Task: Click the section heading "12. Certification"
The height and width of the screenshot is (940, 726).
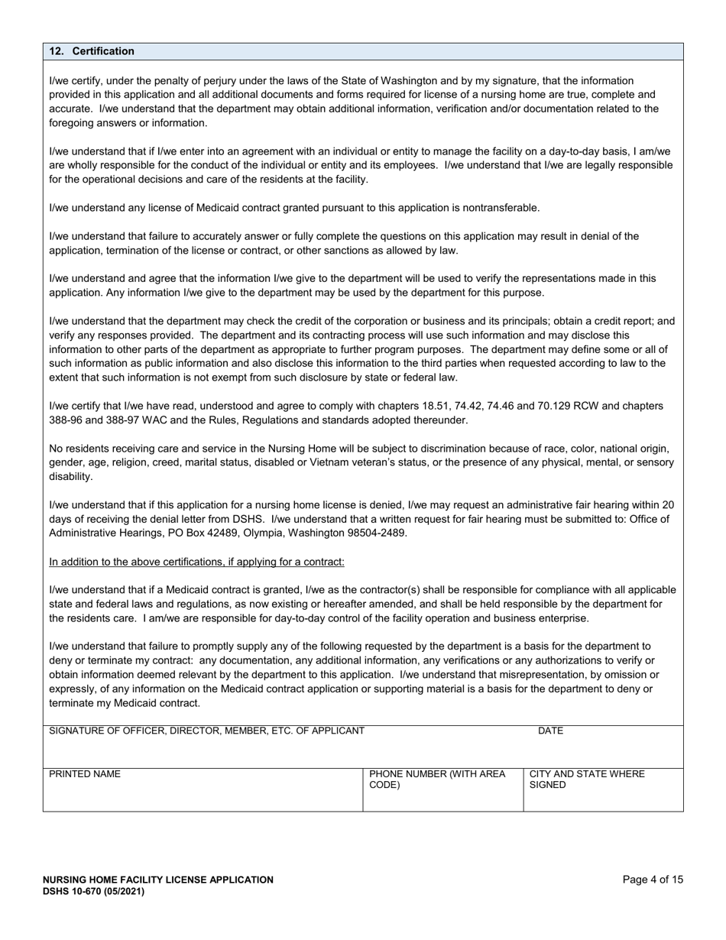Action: click(92, 51)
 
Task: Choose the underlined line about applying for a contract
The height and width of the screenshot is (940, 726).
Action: click(196, 562)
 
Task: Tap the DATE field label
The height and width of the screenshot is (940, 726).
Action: click(550, 731)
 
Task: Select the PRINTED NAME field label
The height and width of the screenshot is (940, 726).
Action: click(85, 774)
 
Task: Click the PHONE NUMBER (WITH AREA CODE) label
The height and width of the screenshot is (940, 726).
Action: click(436, 780)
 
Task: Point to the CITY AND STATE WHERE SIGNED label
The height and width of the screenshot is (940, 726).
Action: click(586, 780)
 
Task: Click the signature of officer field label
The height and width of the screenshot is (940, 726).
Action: click(206, 731)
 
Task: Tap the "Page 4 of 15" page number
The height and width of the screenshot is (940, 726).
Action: click(653, 880)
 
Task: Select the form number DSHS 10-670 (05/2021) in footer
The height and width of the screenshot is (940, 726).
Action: click(93, 891)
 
